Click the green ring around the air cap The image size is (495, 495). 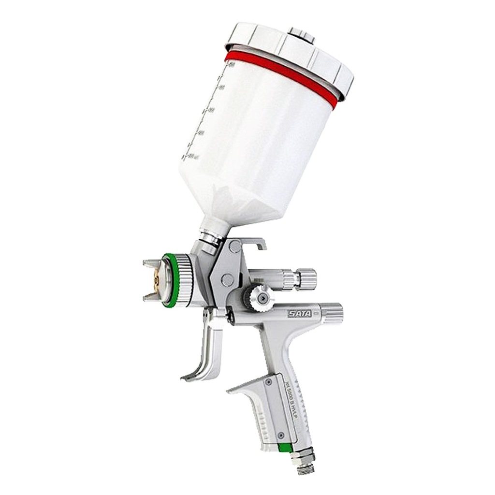[169, 280]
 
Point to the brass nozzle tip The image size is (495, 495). [156, 280]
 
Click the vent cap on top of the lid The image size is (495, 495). [301, 35]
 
